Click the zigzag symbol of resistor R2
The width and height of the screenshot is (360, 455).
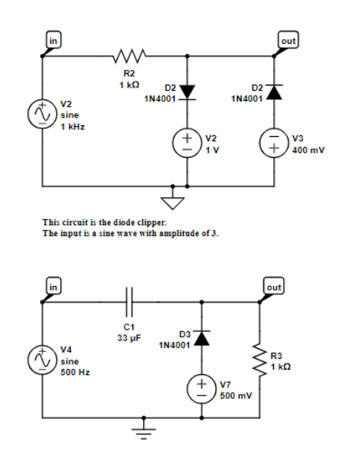click(125, 55)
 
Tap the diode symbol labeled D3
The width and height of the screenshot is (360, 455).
click(202, 338)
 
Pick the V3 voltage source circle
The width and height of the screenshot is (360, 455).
click(275, 144)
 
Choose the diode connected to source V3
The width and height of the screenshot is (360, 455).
click(275, 93)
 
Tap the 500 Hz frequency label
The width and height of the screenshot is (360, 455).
click(75, 371)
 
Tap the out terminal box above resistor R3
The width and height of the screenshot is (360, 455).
click(274, 286)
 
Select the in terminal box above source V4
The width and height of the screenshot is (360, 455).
click(52, 286)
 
